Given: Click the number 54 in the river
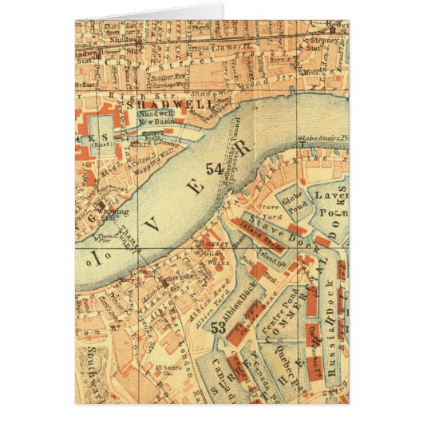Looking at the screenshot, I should pyautogui.click(x=214, y=168).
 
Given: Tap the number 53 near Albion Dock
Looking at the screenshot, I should pyautogui.click(x=217, y=326).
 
